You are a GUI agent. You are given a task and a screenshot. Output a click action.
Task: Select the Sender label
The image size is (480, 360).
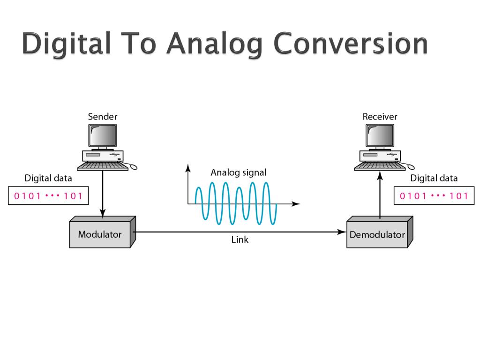[103, 116]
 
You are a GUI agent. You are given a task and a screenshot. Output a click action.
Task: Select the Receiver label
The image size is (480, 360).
[380, 116]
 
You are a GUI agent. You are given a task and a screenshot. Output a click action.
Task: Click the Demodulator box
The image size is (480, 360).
[377, 234]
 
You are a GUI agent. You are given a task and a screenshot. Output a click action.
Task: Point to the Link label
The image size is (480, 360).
[240, 240]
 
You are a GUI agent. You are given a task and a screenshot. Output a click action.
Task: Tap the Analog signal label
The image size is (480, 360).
[238, 172]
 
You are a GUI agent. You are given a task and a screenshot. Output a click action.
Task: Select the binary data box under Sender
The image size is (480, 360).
[48, 196]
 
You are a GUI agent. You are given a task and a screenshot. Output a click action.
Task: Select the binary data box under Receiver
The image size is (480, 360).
[434, 196]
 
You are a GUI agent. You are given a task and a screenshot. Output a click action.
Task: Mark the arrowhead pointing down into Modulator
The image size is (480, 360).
[103, 213]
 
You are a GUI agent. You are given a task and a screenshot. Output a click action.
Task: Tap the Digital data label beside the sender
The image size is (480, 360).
[48, 178]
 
